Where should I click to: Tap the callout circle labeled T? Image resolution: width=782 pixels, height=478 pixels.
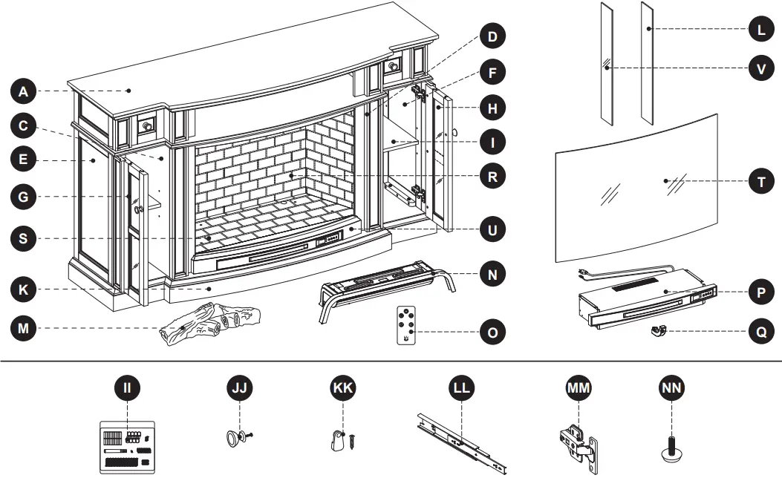[x=760, y=181]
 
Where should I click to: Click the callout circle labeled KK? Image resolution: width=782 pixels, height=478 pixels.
[x=342, y=387]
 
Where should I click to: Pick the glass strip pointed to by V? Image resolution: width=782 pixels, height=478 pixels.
[x=607, y=63]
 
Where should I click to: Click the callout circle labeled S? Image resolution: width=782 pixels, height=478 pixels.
[x=23, y=238]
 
